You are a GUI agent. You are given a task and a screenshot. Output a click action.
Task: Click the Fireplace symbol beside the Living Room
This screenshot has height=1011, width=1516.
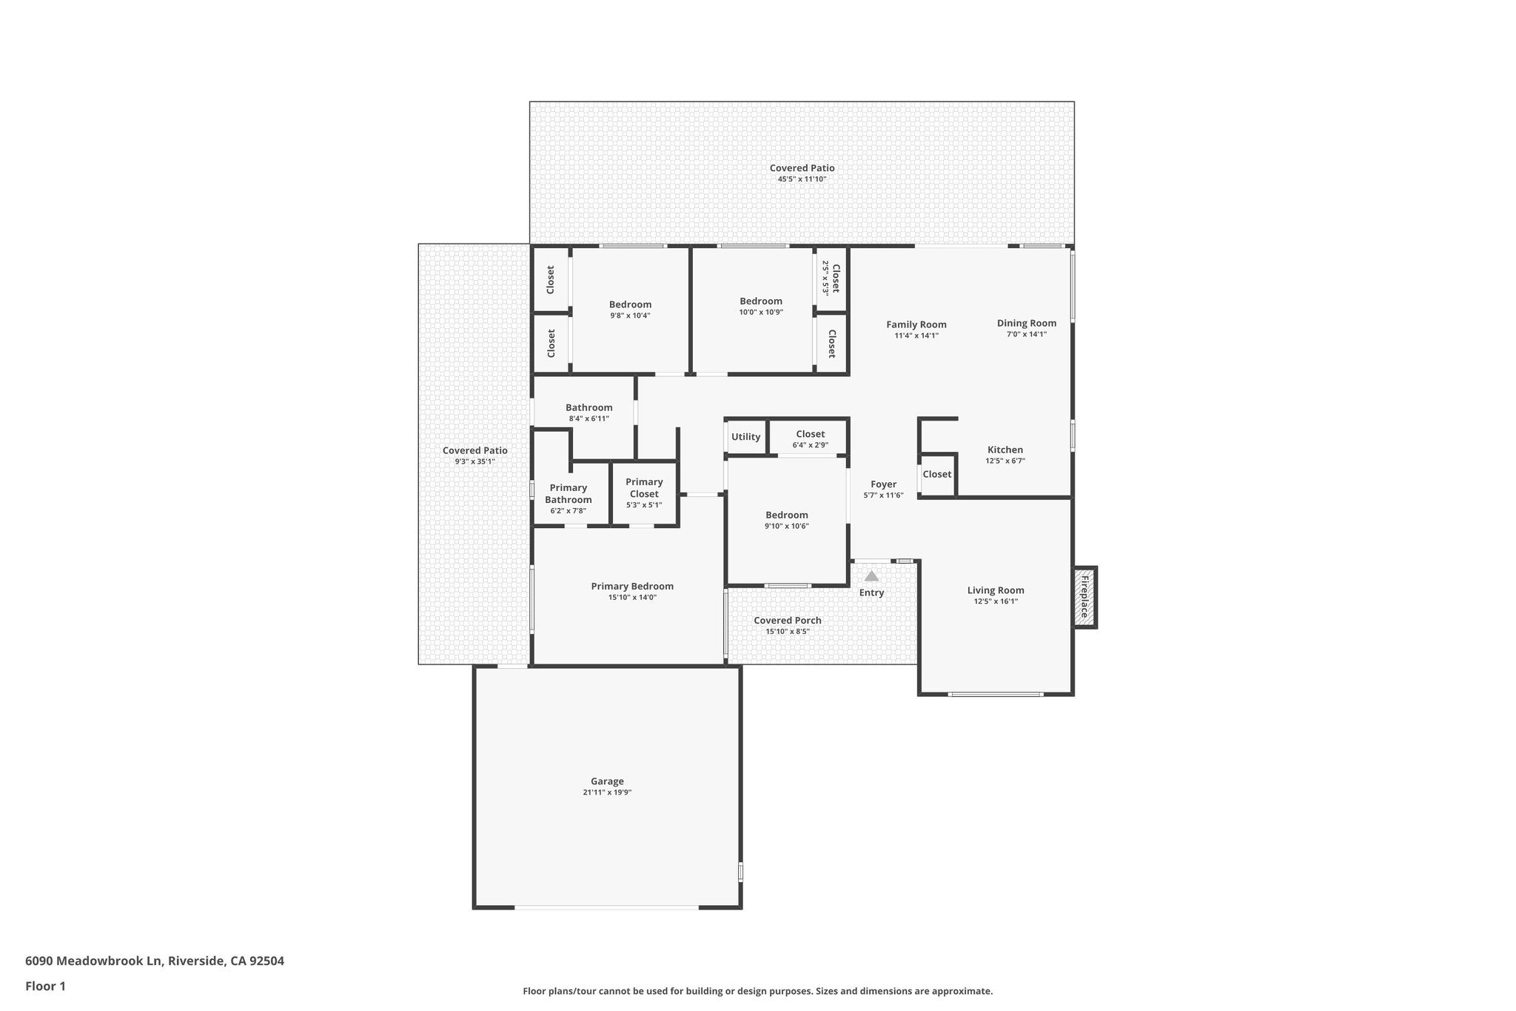(x=1085, y=597)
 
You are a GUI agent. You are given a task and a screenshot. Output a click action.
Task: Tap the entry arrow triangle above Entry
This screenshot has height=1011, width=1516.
(x=871, y=575)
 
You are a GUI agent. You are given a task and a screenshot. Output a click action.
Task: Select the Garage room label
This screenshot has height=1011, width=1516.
(x=607, y=781)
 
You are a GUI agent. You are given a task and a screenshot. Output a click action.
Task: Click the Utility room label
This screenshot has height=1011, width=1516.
(x=745, y=437)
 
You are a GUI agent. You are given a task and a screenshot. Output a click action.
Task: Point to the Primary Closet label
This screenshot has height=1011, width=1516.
(x=644, y=487)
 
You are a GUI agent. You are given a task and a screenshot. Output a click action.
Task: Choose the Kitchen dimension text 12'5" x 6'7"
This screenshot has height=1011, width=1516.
(x=1004, y=461)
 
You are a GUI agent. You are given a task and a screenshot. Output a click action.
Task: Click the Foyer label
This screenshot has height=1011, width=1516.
(x=883, y=484)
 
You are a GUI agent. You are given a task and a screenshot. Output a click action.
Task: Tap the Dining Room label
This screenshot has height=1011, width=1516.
(x=1026, y=323)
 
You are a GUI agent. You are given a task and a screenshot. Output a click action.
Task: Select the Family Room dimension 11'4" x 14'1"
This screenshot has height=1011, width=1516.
(x=916, y=336)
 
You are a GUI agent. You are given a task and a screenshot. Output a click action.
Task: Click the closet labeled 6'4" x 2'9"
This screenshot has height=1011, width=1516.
(x=810, y=439)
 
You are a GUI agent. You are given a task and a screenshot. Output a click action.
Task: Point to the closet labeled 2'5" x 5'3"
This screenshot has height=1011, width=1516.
(x=831, y=278)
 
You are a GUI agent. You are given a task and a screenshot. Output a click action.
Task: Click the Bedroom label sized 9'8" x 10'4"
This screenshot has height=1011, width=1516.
(x=630, y=304)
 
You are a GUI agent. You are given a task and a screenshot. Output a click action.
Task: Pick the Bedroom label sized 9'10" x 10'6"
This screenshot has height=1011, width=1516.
(x=786, y=515)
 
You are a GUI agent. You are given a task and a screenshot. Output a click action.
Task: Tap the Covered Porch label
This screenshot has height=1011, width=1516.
(x=787, y=621)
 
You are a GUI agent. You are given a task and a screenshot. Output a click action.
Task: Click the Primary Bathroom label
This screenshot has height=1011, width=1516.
(x=568, y=493)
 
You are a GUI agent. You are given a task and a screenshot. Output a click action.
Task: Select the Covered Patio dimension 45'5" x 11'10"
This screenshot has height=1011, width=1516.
(x=802, y=179)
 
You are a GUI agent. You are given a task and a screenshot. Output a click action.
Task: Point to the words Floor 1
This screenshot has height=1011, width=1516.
(x=45, y=986)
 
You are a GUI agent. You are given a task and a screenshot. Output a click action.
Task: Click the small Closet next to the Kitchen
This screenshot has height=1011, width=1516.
(x=936, y=474)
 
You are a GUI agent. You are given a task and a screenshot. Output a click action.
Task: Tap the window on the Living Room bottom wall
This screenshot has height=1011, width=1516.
(x=996, y=694)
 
